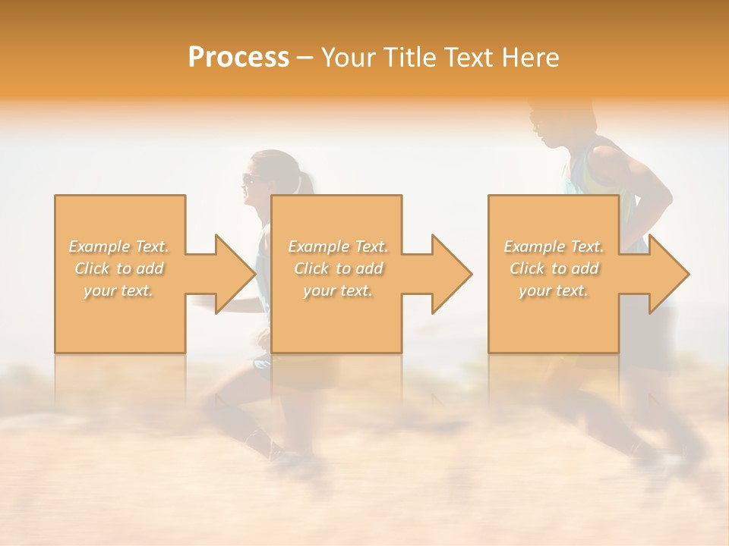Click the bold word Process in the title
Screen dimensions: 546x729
pos(238,58)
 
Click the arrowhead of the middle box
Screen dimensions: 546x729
pos(450,274)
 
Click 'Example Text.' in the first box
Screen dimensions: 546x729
pos(119,246)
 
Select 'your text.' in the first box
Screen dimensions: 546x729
pos(119,290)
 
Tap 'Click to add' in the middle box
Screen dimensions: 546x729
pos(338,268)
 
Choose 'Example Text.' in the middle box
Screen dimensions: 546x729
pos(338,246)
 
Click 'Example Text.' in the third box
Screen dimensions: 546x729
pos(554,246)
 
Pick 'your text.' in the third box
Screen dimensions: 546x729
pos(554,290)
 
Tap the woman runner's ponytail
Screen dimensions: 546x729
pos(306,183)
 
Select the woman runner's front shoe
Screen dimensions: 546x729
pos(289,457)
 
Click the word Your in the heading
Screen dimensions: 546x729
pos(349,58)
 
